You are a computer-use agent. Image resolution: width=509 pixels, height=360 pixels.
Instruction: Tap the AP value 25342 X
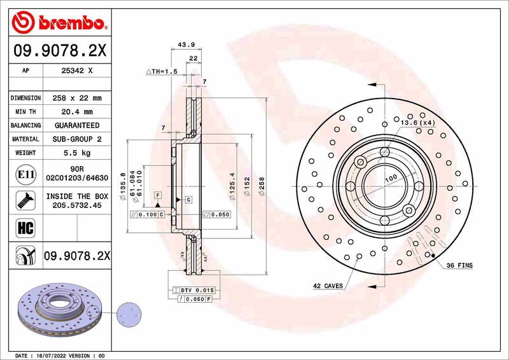(77, 71)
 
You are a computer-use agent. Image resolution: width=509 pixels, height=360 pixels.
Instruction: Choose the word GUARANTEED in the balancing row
(77, 125)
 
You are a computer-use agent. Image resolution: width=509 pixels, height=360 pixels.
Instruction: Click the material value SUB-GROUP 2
(77, 139)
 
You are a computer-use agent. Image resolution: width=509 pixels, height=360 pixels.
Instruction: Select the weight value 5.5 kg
(77, 153)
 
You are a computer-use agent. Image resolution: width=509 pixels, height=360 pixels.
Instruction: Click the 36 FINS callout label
(459, 265)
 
